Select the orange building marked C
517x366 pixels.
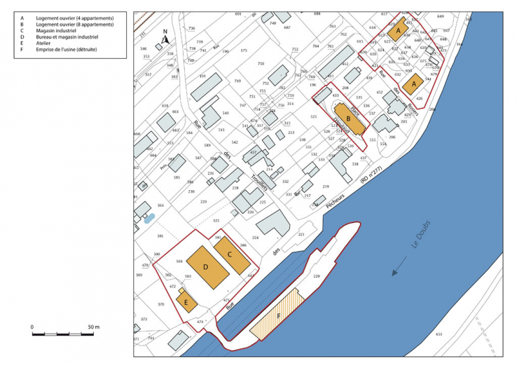tap(232, 255)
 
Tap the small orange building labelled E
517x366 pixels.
tap(187, 303)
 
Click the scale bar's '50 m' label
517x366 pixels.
tap(92, 327)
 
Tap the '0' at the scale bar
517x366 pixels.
tap(32, 327)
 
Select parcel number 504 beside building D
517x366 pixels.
tap(179, 261)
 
